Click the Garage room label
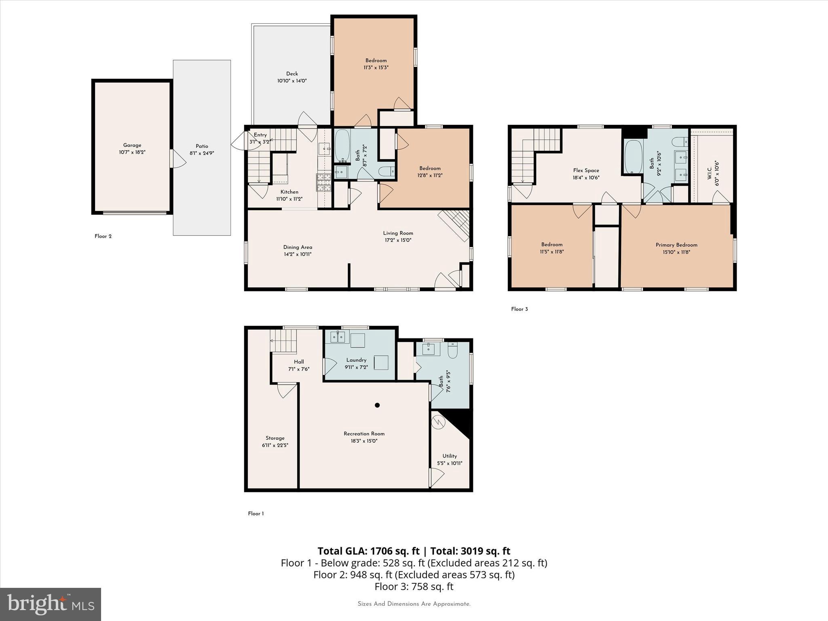132,145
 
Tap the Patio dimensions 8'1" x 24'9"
202,153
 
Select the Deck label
292,74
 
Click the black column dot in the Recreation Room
377,405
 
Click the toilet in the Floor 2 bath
387,172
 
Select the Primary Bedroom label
676,245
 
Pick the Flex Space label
586,170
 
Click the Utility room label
450,456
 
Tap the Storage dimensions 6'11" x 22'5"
275,445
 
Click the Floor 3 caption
520,309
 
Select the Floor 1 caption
256,513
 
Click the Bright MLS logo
51,604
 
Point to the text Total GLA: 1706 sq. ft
369,551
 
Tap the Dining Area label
298,247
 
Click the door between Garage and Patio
177,158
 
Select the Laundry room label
356,360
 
